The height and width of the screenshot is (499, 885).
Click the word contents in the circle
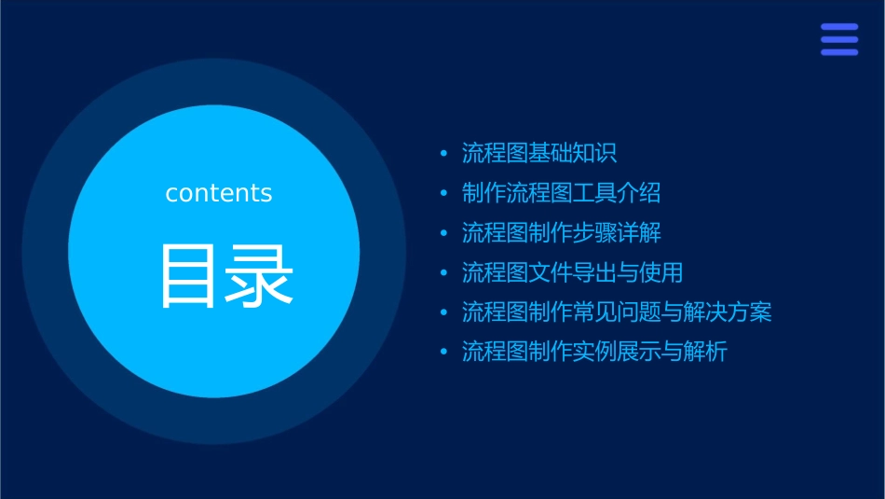219,193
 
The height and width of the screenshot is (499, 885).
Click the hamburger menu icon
839,39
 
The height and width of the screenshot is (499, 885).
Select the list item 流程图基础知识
539,153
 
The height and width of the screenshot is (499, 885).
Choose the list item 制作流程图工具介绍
561,193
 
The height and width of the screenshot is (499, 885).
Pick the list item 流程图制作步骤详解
561,232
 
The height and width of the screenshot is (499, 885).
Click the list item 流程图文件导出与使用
572,272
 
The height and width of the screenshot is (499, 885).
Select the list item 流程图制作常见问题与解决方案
617,312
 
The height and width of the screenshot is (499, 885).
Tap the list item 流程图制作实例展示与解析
594,352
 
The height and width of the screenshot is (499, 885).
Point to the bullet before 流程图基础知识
444,154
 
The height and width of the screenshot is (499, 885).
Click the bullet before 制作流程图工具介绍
444,194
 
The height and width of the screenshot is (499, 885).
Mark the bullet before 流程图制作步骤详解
444,233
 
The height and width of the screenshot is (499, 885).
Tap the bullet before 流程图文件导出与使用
444,273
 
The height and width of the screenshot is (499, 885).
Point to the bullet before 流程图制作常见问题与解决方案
444,312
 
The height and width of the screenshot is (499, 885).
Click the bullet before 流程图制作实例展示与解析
444,353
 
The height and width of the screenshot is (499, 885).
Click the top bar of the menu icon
839,27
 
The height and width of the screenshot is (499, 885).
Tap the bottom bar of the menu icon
839,52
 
